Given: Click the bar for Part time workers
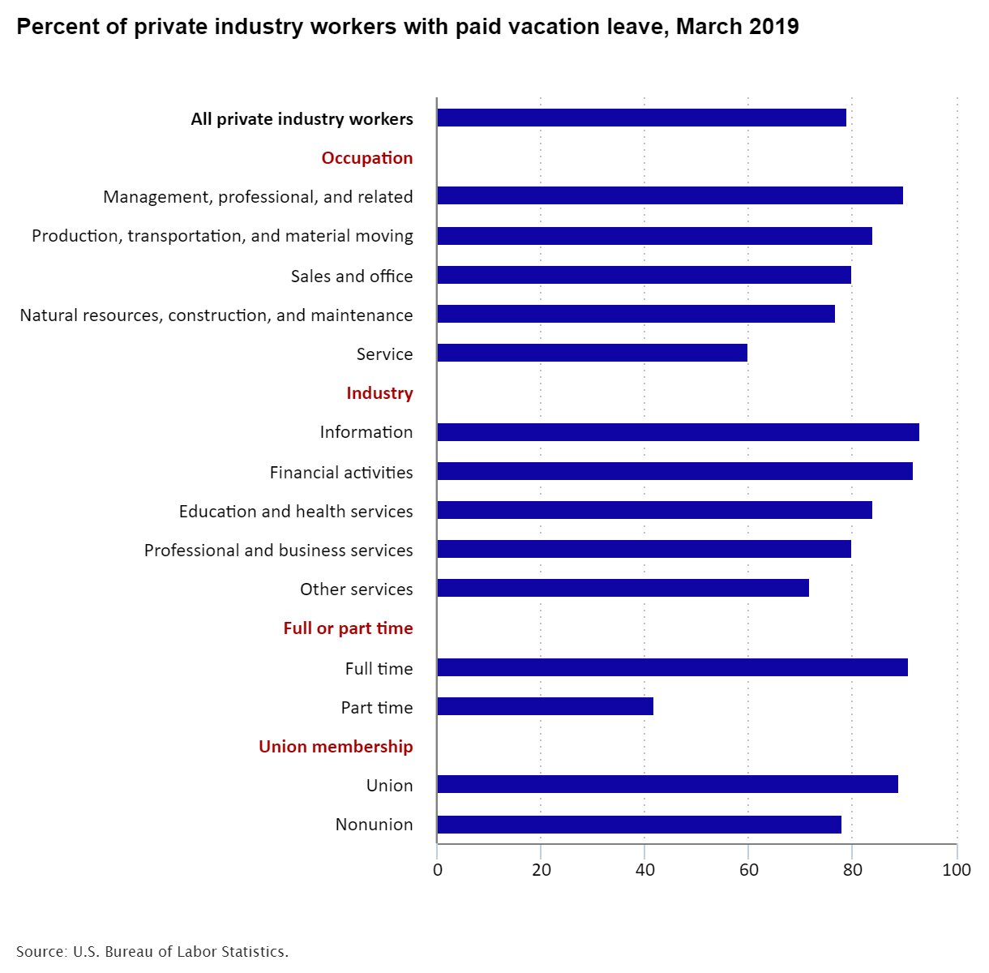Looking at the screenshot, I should pyautogui.click(x=545, y=706).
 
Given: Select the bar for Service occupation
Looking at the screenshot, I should pyautogui.click(x=592, y=353).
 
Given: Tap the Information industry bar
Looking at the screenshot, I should pyautogui.click(x=678, y=432).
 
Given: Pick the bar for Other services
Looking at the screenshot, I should pyautogui.click(x=623, y=588).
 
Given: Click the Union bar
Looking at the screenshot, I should pyautogui.click(x=667, y=784).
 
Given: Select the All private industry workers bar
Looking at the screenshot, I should pyautogui.click(x=641, y=118).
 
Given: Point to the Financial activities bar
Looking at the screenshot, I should pyautogui.click(x=674, y=471).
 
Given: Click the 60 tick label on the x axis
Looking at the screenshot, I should pyautogui.click(x=748, y=870).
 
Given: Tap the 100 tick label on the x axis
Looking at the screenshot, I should pyautogui.click(x=957, y=870).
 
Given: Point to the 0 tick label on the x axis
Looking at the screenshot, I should pyautogui.click(x=438, y=870).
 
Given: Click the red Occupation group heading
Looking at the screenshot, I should pyautogui.click(x=367, y=158).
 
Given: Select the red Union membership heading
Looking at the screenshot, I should pyautogui.click(x=336, y=747).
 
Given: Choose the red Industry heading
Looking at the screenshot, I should pyautogui.click(x=379, y=393).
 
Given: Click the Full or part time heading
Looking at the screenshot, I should pyautogui.click(x=348, y=628).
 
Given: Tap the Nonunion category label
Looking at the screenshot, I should pyautogui.click(x=374, y=825).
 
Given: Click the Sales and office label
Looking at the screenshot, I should pyautogui.click(x=352, y=276).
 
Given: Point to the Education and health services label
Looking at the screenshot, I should pyautogui.click(x=296, y=512).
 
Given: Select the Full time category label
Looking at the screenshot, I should pyautogui.click(x=379, y=669).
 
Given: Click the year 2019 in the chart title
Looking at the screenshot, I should pyautogui.click(x=775, y=27).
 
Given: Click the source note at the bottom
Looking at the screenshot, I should pyautogui.click(x=152, y=951).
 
